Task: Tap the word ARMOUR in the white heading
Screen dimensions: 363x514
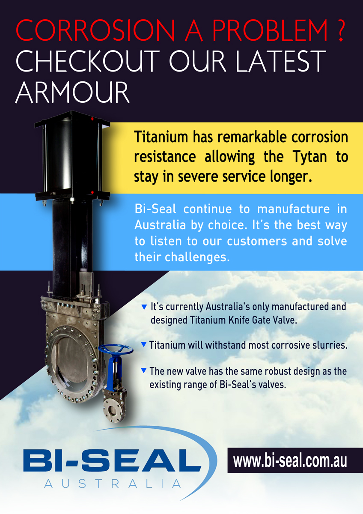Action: tap(72, 92)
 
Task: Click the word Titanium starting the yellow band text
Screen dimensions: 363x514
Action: tap(161, 137)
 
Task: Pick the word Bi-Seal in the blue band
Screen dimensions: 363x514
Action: tap(155, 209)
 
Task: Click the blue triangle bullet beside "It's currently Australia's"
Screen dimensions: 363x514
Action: tap(144, 307)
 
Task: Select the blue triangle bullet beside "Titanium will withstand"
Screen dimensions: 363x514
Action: tap(143, 344)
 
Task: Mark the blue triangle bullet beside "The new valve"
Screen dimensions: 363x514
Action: tap(143, 371)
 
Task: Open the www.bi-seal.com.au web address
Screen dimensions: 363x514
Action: tap(290, 461)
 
